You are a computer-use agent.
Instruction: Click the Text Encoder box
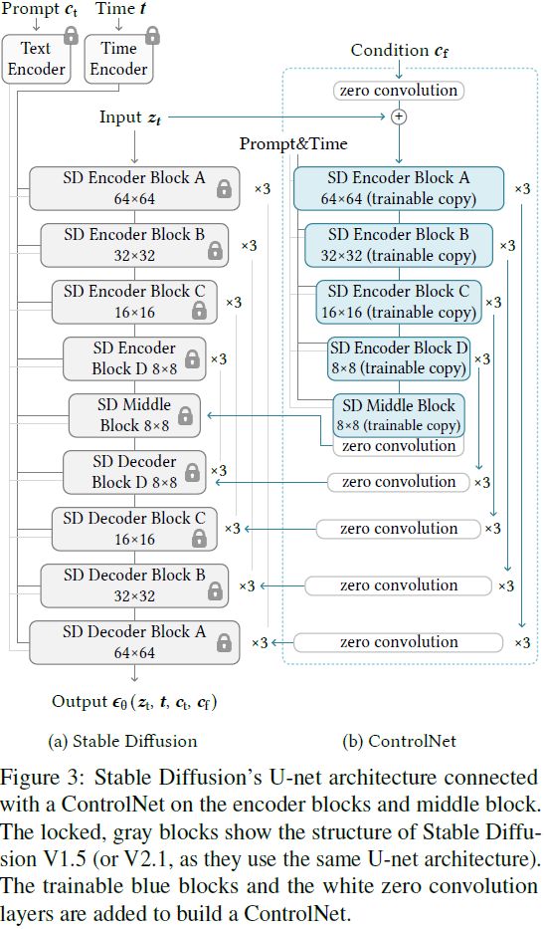(x=36, y=59)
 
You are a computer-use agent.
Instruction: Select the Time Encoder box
(x=118, y=59)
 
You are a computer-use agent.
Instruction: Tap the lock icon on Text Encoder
(x=71, y=35)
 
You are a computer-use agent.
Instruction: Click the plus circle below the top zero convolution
(x=399, y=116)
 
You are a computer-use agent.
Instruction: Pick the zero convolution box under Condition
(x=399, y=90)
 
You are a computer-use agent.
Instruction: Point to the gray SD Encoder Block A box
(x=134, y=188)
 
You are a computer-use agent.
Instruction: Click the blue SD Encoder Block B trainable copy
(x=399, y=245)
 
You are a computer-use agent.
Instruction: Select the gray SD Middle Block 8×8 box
(x=134, y=415)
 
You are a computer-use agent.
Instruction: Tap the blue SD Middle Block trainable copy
(x=399, y=415)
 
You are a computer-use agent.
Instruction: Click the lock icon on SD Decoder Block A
(x=224, y=643)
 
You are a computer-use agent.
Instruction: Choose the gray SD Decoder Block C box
(x=134, y=529)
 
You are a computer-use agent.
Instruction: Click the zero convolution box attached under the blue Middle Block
(x=399, y=446)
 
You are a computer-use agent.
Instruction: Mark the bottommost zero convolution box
(x=399, y=642)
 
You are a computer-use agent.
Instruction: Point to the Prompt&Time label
(x=293, y=144)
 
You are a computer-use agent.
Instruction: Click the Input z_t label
(x=130, y=117)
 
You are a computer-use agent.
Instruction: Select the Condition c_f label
(x=400, y=51)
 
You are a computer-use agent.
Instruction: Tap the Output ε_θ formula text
(x=134, y=702)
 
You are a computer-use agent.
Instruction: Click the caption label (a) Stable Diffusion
(x=122, y=741)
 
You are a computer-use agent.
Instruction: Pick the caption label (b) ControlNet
(x=399, y=741)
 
